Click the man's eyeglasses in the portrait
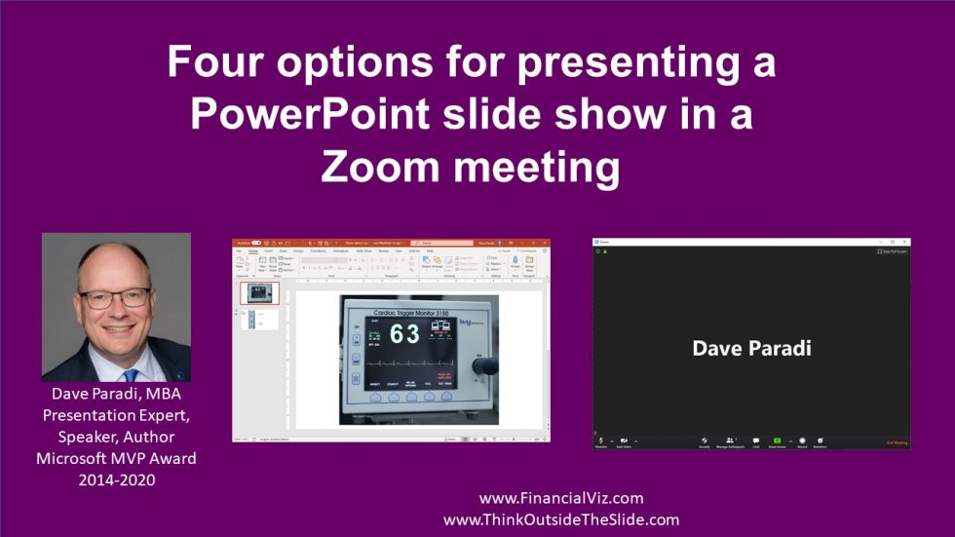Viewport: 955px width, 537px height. tap(114, 296)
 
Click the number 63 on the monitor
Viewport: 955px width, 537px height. tap(405, 334)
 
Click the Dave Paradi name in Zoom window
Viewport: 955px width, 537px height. tap(751, 348)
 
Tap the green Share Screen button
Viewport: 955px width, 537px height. tap(778, 441)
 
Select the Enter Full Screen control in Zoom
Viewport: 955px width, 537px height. tap(892, 251)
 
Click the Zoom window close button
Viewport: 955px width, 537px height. tap(905, 241)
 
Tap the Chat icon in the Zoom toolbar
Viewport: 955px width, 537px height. tap(755, 441)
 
